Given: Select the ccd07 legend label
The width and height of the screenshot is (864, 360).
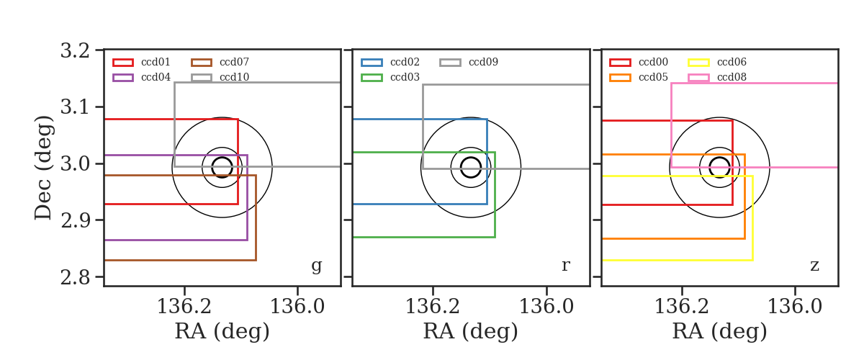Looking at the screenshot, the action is click(x=234, y=62).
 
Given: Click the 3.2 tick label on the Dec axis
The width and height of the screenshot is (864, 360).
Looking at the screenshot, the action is click(x=75, y=50).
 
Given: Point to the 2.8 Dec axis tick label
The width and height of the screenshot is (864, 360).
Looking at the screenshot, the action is click(x=75, y=277).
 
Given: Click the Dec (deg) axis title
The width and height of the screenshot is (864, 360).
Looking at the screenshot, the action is click(x=43, y=168).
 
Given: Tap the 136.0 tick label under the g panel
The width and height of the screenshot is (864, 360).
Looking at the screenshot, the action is click(x=297, y=307).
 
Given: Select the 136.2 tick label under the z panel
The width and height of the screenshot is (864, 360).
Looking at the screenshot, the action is click(x=682, y=307).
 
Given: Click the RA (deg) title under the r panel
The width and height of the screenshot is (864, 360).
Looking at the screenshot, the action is click(x=471, y=331).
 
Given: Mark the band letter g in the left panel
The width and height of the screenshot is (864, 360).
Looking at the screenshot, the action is click(x=316, y=266).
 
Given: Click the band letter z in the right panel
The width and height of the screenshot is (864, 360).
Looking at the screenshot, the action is click(x=814, y=266).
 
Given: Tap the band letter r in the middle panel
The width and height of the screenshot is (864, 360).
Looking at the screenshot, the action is click(x=565, y=266).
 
